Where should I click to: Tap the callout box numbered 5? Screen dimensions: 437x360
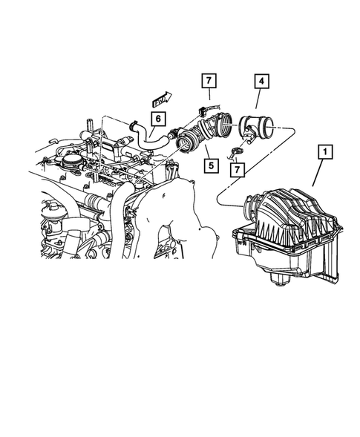(212, 164)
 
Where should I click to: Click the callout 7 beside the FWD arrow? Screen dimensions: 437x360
(209, 81)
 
